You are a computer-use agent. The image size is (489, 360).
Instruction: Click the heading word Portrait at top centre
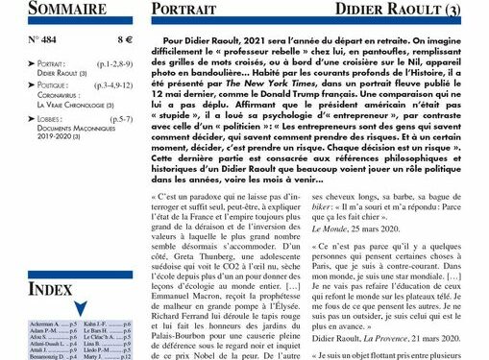191,12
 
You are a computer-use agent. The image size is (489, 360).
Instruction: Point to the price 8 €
125,41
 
